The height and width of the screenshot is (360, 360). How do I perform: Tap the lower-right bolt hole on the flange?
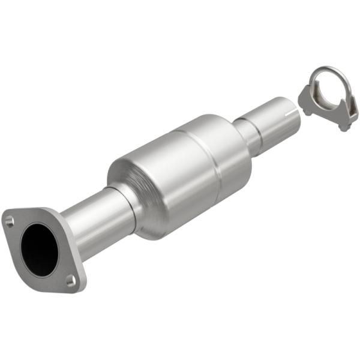point(71,279)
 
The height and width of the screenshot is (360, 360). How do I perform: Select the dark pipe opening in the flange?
point(40,248)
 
